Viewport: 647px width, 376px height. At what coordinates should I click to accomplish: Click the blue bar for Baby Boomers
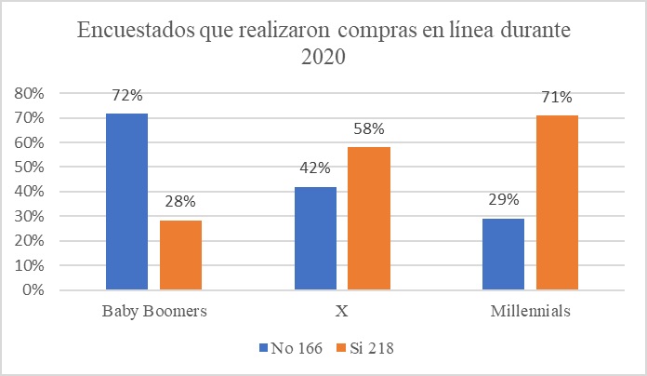(x=125, y=201)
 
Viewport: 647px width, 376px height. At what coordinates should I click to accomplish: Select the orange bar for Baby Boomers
(x=180, y=255)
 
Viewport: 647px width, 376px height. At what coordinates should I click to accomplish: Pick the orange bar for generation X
(x=370, y=219)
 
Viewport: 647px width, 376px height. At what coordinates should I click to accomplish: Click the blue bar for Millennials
(x=503, y=254)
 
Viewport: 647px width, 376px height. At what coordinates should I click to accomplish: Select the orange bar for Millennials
(x=558, y=202)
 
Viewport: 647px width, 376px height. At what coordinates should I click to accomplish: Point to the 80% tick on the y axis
(x=30, y=93)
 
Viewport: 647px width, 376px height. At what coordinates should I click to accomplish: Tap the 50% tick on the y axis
(x=30, y=167)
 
